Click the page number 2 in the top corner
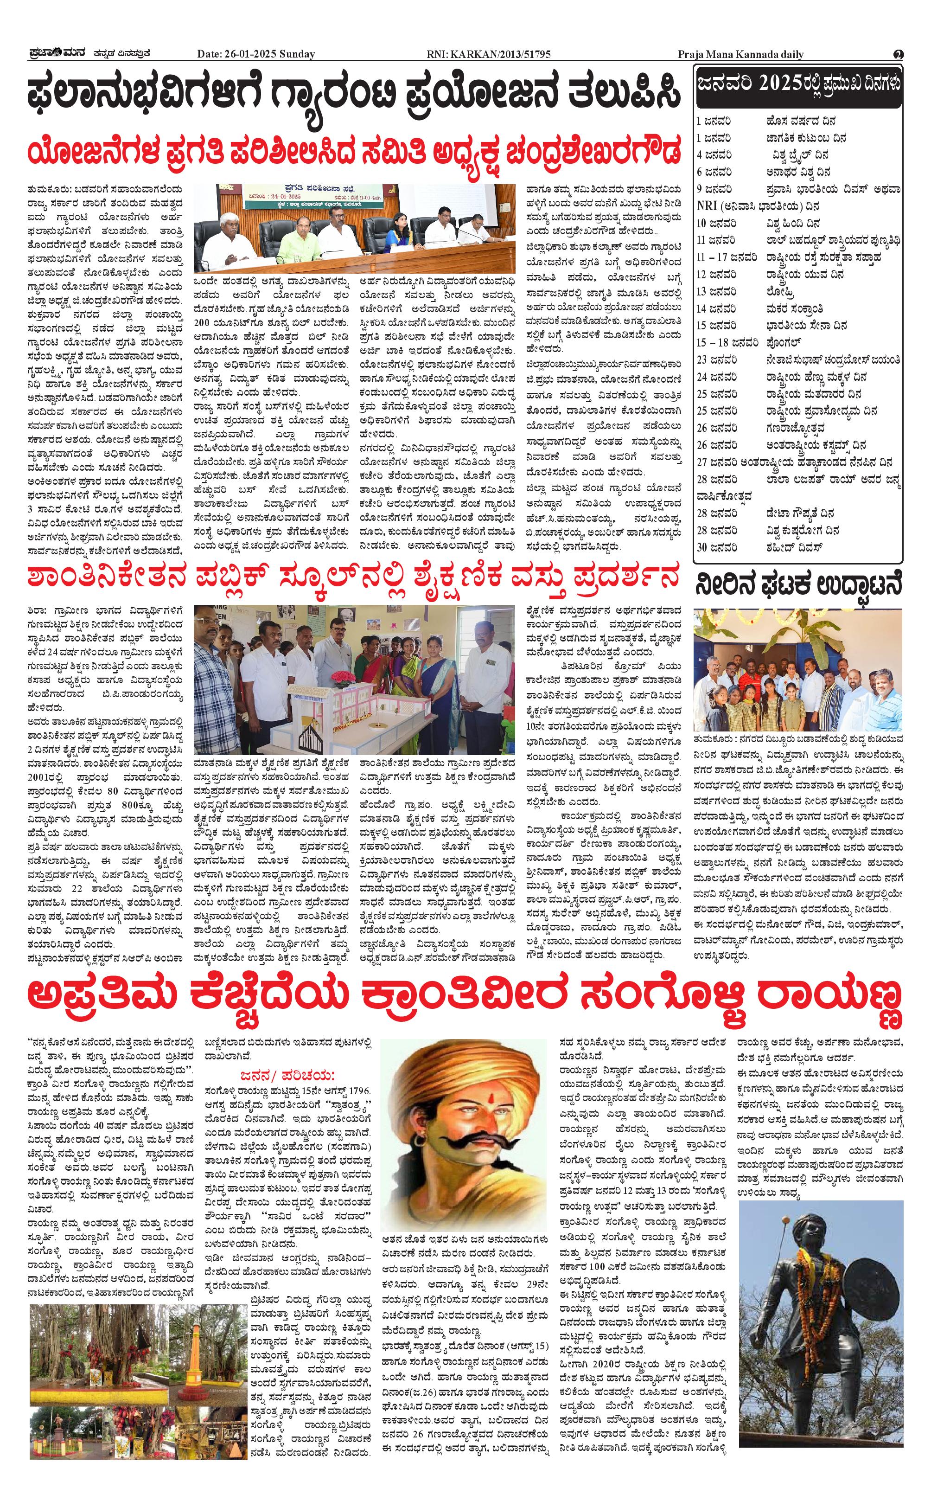(899, 54)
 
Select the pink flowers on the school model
(339, 677)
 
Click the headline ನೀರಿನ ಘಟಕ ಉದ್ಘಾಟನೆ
(798, 585)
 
